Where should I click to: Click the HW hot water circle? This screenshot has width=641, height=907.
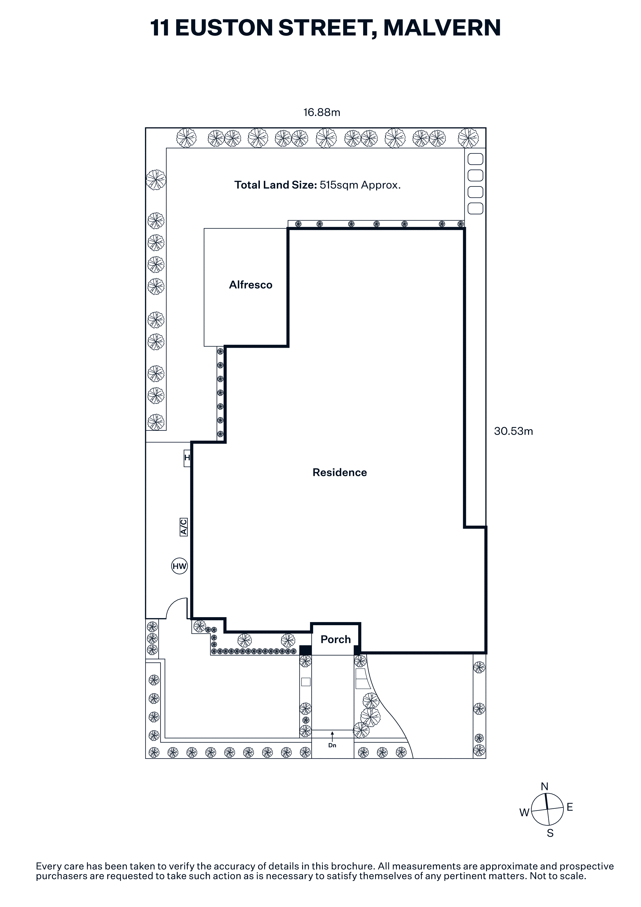[179, 566]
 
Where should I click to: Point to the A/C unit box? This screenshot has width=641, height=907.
[183, 527]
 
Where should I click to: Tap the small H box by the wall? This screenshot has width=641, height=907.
[187, 458]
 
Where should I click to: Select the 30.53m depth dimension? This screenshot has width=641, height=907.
[514, 431]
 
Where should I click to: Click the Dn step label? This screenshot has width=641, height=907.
[332, 745]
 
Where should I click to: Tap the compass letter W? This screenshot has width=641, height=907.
[524, 813]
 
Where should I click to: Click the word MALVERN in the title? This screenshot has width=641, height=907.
[442, 28]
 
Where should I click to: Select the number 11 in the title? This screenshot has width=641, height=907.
[160, 28]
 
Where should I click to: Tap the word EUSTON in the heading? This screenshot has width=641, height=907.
[224, 28]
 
